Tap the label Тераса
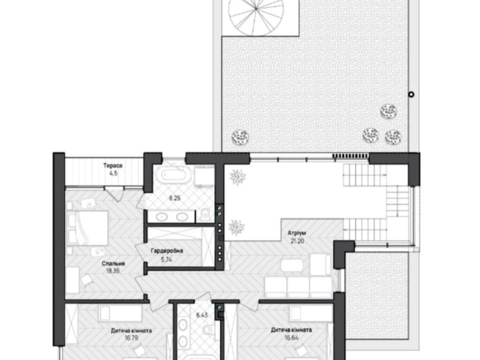112,166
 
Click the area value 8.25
175,198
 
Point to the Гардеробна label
167,251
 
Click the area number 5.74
166,260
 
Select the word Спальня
113,263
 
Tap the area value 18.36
113,271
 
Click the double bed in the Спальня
88,228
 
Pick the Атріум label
296,233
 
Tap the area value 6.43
201,314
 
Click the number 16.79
131,338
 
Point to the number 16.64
291,338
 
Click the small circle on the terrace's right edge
411,94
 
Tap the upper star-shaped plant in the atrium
238,177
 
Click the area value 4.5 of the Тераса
113,173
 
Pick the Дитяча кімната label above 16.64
291,330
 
